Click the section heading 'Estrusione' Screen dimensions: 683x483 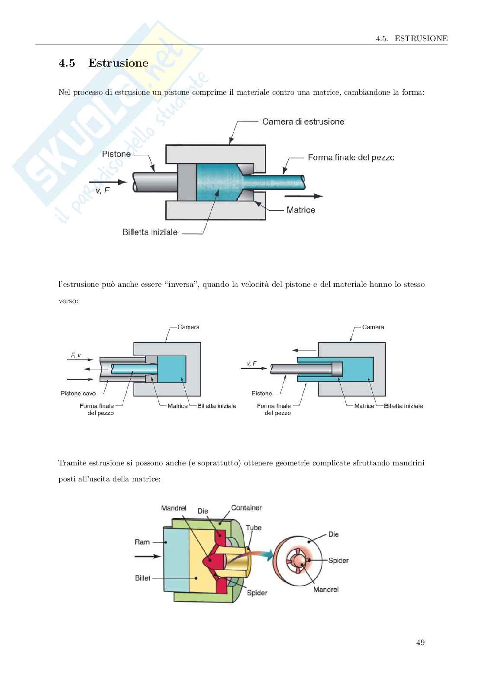pyautogui.click(x=118, y=63)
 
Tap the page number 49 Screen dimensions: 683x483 pyautogui.click(x=420, y=642)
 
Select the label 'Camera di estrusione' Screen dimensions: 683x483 pyautogui.click(x=303, y=122)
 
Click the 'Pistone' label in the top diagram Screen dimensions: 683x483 pyautogui.click(x=116, y=154)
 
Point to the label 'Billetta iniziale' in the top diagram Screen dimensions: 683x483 pyautogui.click(x=150, y=232)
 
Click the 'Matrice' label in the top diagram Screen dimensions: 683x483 pyautogui.click(x=300, y=210)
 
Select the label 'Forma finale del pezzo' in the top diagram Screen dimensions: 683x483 pyautogui.click(x=351, y=157)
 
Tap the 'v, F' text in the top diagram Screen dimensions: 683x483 pyautogui.click(x=102, y=190)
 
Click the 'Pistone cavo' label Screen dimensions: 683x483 pyautogui.click(x=78, y=393)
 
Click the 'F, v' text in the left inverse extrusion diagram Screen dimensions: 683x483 pyautogui.click(x=75, y=356)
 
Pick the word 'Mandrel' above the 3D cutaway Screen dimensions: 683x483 pyautogui.click(x=174, y=508)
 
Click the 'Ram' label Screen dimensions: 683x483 pyautogui.click(x=142, y=542)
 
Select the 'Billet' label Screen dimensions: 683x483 pyautogui.click(x=142, y=578)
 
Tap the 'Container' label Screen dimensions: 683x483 pyautogui.click(x=246, y=508)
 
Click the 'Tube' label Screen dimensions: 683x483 pyautogui.click(x=254, y=528)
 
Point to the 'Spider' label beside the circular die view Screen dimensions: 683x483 pyautogui.click(x=338, y=561)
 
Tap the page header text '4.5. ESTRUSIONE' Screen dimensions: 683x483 pyautogui.click(x=411, y=38)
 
